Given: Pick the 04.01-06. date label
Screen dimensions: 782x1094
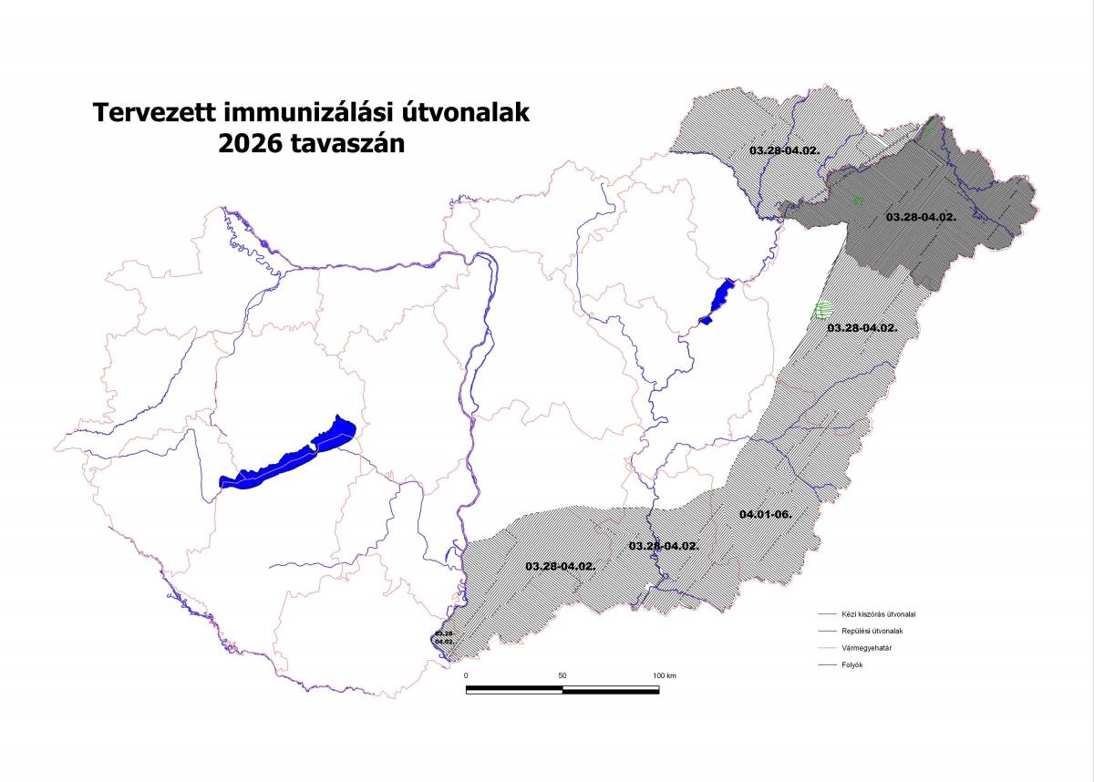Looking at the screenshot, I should [766, 514].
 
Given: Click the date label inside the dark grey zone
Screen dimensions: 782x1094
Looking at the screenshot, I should [921, 217].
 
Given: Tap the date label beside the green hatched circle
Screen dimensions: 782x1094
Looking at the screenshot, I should [862, 326].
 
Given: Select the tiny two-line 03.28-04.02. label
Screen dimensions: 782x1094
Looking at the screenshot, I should [444, 637].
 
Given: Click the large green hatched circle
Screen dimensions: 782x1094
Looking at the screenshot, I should [823, 311].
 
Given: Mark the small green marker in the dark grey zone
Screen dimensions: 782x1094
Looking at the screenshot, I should [856, 200].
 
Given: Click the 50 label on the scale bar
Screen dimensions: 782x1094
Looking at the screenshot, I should [562, 675].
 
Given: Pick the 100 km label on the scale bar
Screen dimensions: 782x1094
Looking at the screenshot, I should [664, 675].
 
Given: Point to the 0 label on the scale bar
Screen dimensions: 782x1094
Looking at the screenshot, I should [466, 675].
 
